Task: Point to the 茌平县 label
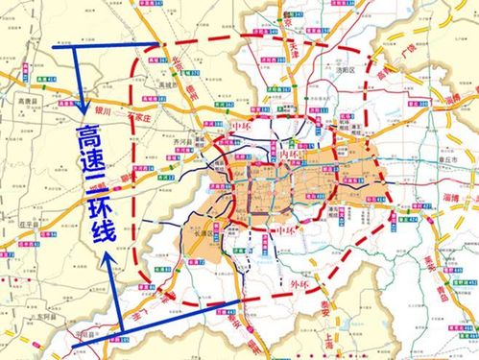point(19,223)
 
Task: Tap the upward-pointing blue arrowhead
point(108,258)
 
